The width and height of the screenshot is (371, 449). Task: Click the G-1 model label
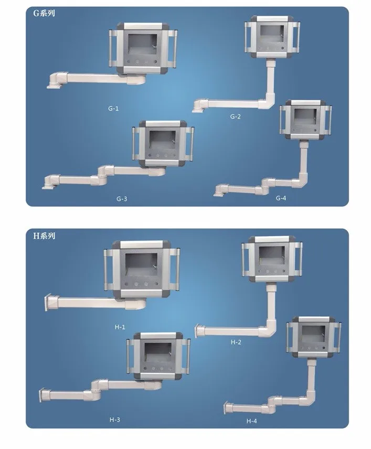(113, 109)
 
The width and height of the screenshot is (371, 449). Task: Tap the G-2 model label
(235, 116)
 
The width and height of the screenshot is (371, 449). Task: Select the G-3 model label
(122, 199)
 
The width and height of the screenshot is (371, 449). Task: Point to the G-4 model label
(281, 198)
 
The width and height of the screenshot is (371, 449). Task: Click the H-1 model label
(120, 327)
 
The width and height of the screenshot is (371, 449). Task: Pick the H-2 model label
(236, 342)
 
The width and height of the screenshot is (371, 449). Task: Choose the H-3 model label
(114, 420)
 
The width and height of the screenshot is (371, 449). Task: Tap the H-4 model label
(251, 421)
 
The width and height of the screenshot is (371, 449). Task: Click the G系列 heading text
(44, 13)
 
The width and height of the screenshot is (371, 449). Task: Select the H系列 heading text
(44, 236)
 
